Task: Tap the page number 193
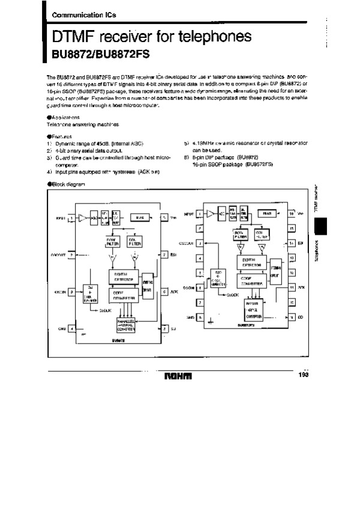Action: pos(303,375)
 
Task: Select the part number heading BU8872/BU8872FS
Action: pos(96,54)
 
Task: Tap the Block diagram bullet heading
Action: pos(65,183)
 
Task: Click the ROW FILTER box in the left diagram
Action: pos(113,241)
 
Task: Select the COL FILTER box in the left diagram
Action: pos(134,241)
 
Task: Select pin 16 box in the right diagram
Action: pos(292,214)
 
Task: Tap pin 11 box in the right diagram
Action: pos(292,288)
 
